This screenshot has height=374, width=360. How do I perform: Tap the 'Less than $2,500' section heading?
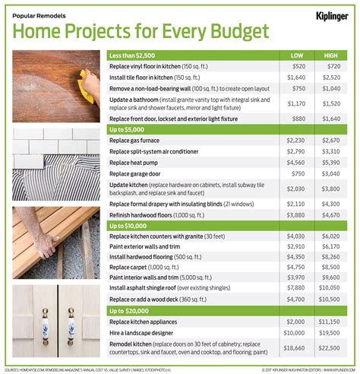(x=140, y=55)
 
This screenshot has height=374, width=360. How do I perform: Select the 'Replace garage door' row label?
(x=142, y=173)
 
